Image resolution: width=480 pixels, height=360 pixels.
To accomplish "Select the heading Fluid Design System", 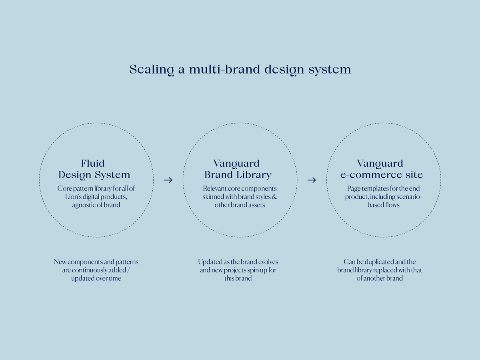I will point(94,169).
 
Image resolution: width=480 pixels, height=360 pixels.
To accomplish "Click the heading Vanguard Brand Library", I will point(238,169).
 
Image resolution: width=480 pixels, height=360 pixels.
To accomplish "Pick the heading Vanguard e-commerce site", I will point(380,169).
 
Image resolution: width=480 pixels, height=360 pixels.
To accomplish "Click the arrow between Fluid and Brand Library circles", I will point(168,180).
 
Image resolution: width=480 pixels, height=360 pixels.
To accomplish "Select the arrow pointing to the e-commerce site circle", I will point(312,180).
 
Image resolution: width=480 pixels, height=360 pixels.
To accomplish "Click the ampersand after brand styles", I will point(274,197).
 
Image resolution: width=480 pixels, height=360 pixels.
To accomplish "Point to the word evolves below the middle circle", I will point(268,262).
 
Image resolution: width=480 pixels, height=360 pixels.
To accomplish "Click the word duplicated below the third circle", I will point(373,262).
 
